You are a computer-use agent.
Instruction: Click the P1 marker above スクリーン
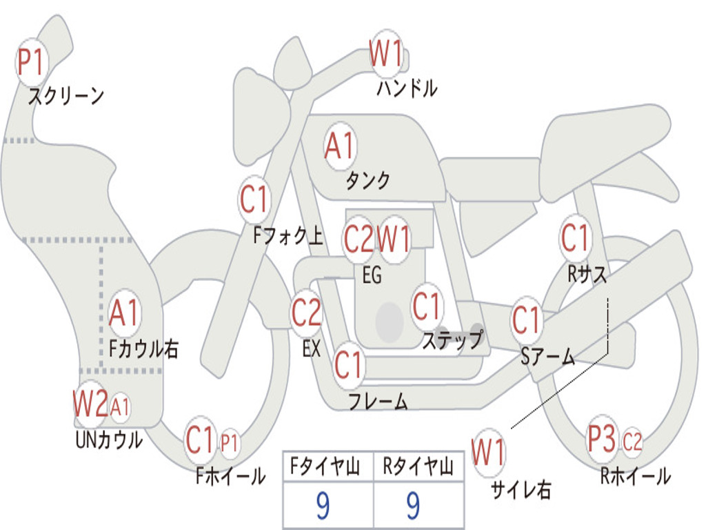click(31, 62)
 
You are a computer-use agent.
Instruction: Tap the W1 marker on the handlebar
click(386, 53)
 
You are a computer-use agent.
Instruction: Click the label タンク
click(368, 180)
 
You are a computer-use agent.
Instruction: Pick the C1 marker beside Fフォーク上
click(254, 200)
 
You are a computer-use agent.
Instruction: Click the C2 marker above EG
click(359, 239)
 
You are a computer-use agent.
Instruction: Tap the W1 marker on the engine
click(394, 239)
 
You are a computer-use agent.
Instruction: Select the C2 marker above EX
click(307, 313)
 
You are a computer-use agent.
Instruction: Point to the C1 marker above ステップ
click(426, 306)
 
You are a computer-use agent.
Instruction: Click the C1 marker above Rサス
click(576, 238)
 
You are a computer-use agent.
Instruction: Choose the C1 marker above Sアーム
click(526, 320)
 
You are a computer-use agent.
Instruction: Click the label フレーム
click(378, 401)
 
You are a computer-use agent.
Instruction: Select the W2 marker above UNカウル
click(90, 404)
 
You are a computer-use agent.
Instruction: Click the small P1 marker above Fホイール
click(230, 442)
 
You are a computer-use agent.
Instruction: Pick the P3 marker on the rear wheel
click(602, 439)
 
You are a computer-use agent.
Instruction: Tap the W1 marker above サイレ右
click(489, 453)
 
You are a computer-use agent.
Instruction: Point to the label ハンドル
click(407, 88)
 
